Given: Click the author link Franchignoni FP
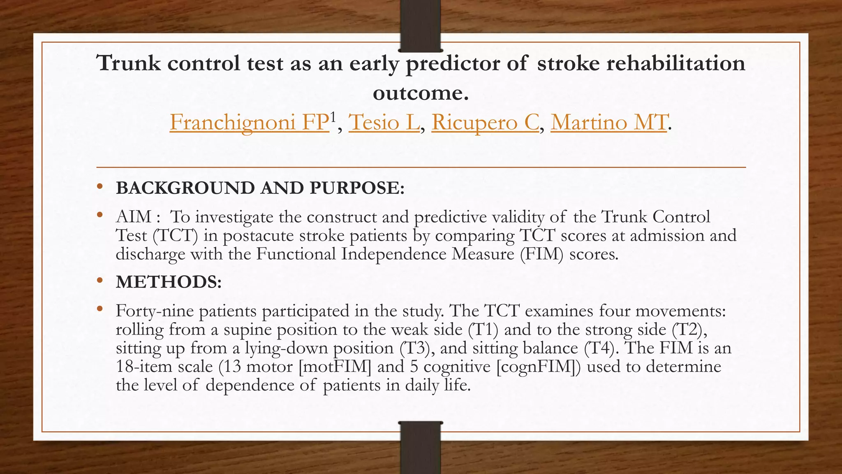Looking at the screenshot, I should click(x=249, y=122).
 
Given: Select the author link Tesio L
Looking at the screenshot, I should click(x=384, y=122).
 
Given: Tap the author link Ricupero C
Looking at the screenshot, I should click(x=485, y=122).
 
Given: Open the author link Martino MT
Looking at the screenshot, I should click(x=608, y=122).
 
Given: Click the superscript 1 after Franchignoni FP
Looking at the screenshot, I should click(x=333, y=118).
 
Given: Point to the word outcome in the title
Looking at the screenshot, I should click(x=420, y=93).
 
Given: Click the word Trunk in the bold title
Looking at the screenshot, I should click(x=128, y=63).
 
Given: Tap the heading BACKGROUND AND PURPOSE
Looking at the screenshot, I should click(x=260, y=188).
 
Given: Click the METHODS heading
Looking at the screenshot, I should click(x=169, y=282).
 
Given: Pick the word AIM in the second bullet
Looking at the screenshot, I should click(x=134, y=217).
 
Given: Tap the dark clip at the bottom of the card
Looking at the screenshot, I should click(x=420, y=448).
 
